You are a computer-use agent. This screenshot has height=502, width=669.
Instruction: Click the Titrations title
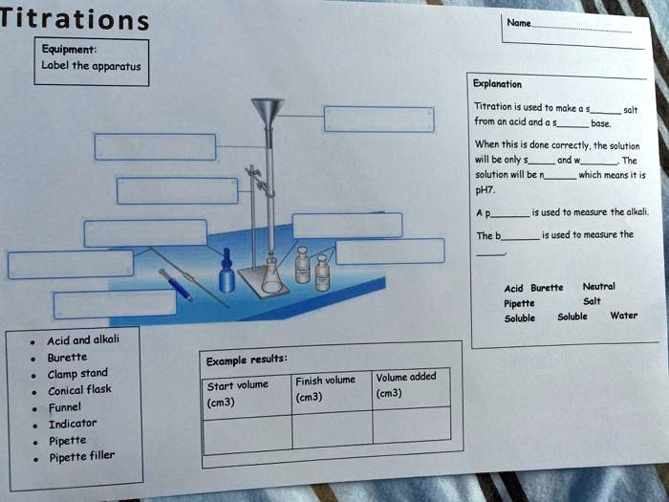(x=75, y=19)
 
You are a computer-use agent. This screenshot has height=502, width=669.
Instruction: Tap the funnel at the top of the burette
(x=268, y=113)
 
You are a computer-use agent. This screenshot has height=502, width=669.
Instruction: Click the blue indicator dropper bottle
(x=227, y=271)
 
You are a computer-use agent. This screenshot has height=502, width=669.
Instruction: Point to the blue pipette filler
(x=176, y=285)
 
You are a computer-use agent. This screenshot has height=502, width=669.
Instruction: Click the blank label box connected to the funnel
(x=378, y=120)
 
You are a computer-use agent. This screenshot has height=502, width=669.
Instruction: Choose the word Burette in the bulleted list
(x=68, y=358)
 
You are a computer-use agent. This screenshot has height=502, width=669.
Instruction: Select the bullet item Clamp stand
(x=77, y=374)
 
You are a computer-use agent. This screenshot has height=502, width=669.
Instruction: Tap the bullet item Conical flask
(x=79, y=390)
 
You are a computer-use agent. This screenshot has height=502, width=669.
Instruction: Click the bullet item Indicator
(x=73, y=424)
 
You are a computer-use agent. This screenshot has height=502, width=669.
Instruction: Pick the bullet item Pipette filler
(x=82, y=457)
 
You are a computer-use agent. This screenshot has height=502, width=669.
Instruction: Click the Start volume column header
(x=238, y=394)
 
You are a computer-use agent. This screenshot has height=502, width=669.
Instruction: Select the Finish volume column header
(x=325, y=388)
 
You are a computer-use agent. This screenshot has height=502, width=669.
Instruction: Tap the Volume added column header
(x=406, y=384)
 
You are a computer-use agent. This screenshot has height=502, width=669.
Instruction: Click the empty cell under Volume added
(x=412, y=425)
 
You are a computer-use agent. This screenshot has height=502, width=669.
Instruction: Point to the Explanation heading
(x=497, y=84)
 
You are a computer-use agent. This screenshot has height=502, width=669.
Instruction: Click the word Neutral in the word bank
(x=598, y=287)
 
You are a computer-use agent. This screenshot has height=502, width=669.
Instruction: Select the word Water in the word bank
(x=624, y=316)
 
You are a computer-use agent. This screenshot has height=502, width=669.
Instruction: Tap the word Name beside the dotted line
(x=519, y=23)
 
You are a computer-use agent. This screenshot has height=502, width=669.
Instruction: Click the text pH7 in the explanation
(x=486, y=190)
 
